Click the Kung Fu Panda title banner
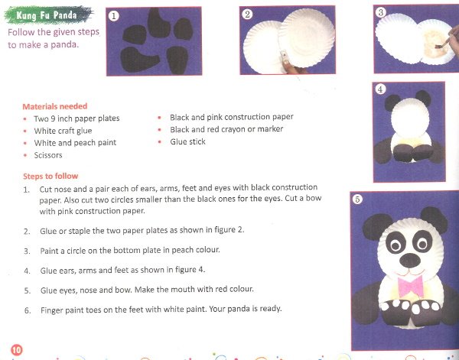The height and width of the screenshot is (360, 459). (x=49, y=15)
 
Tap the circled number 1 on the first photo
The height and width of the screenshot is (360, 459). (x=113, y=16)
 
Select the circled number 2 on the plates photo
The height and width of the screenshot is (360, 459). (x=247, y=15)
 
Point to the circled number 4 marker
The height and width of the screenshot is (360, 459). (x=380, y=89)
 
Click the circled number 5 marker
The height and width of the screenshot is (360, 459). (x=357, y=199)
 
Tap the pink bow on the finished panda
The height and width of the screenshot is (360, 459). (x=411, y=286)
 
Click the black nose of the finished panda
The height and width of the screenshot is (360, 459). (x=410, y=260)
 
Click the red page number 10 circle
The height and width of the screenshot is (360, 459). (x=17, y=350)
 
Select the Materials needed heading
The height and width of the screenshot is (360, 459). (x=55, y=106)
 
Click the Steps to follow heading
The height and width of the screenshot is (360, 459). (x=50, y=176)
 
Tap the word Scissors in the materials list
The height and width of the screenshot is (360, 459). (x=48, y=155)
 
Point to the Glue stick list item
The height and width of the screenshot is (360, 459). (x=187, y=142)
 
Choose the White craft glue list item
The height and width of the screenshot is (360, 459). (x=63, y=131)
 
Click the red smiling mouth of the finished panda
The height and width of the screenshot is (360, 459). (x=410, y=273)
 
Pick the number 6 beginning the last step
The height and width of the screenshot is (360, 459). (x=28, y=310)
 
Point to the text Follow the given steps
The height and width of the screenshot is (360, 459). (x=54, y=32)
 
